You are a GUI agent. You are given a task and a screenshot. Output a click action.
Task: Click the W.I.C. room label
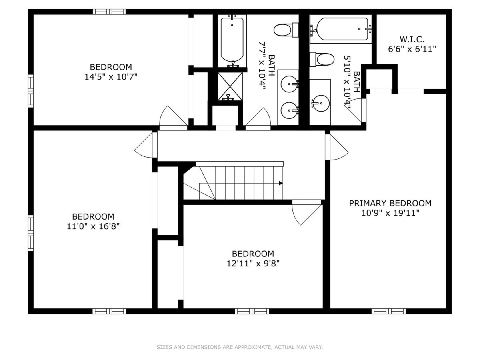coord(412,39)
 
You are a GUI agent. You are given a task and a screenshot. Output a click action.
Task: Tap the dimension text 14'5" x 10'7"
coord(111,77)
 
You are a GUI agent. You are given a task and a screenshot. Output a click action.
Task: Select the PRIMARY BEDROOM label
coord(390,203)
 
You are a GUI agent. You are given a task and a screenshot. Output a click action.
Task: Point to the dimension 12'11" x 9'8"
coord(253,263)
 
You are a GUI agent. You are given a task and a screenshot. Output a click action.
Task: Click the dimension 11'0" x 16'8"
coord(93,226)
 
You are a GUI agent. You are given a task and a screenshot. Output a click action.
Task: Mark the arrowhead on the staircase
coord(281,183)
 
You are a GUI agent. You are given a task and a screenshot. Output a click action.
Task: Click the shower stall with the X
coord(230,86)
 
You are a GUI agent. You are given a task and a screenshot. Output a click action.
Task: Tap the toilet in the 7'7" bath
coord(286,30)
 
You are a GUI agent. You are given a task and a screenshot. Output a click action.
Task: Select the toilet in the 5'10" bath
coord(322,59)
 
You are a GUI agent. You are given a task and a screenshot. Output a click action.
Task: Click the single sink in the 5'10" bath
coord(320,103)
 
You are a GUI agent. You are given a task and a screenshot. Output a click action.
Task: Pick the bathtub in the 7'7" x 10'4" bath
coord(232,41)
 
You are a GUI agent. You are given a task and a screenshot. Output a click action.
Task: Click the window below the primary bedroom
coord(388,311)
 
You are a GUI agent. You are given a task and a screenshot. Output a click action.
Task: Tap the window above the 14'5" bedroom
coord(109,12)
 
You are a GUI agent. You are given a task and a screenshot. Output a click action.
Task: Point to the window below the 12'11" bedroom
coord(252,311)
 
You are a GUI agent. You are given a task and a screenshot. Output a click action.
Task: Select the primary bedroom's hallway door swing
coord(336,147)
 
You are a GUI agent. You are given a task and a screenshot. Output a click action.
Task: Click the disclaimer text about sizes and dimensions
coord(240,347)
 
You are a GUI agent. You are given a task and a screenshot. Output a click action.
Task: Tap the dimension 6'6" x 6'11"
coord(412,49)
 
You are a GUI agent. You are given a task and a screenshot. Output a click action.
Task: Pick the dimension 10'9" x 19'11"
coord(390,213)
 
